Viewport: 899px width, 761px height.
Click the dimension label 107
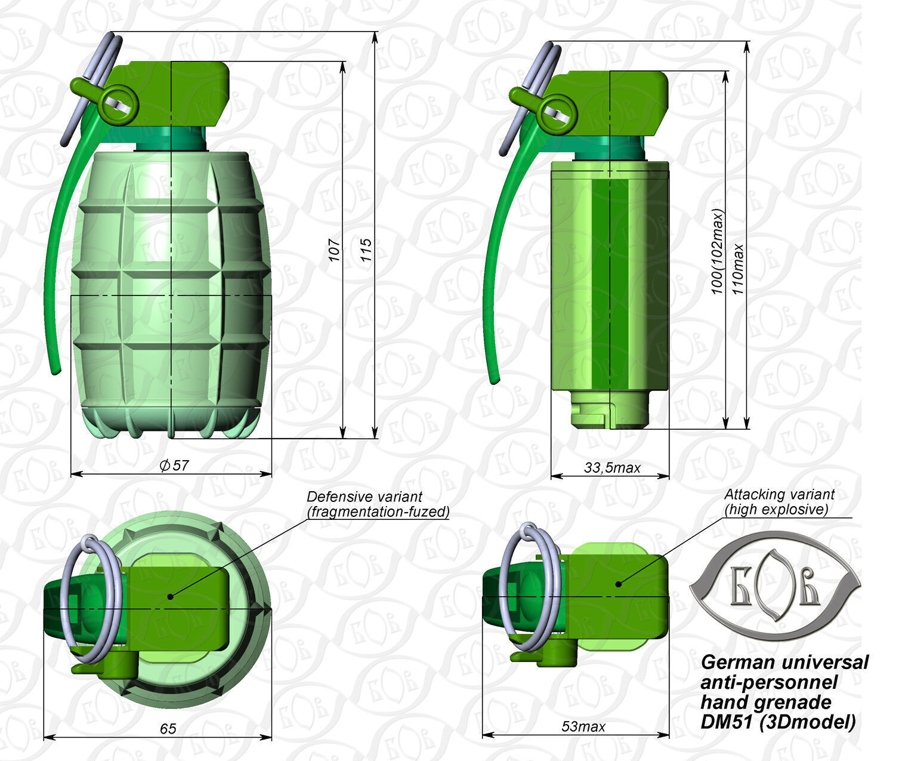(335, 250)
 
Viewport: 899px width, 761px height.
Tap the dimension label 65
(168, 729)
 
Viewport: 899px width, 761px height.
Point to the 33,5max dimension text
(611, 468)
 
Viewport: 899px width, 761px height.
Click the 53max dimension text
(583, 726)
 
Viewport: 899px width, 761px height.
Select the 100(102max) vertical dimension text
(717, 251)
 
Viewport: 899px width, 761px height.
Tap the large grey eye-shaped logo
(774, 586)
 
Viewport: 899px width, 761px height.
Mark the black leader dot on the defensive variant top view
(171, 596)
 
